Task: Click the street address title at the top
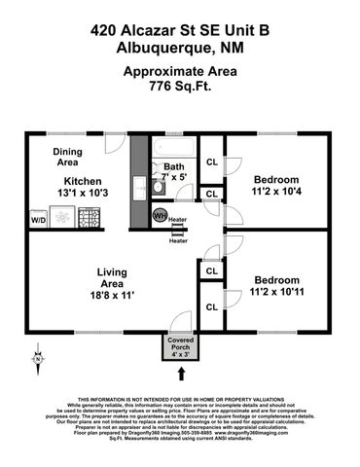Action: [179, 30]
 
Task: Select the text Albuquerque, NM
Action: [179, 48]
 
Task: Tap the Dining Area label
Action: [67, 157]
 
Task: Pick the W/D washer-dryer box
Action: [39, 221]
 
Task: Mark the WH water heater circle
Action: [160, 213]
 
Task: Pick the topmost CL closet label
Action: [211, 162]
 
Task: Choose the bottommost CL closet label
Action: [211, 307]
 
